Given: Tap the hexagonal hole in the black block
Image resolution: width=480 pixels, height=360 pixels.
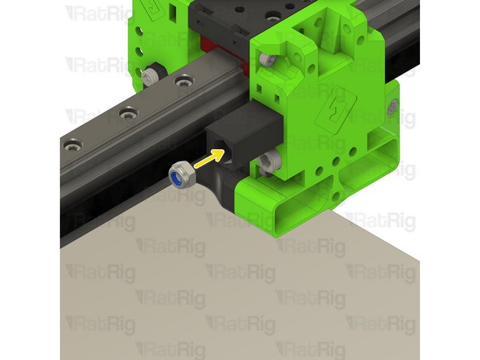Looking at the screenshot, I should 221,144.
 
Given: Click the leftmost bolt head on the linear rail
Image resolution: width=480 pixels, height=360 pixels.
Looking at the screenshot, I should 75,147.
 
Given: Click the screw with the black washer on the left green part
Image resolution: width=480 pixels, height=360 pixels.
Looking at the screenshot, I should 149,75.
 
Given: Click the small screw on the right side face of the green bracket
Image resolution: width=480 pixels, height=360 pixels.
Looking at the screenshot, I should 393,106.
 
